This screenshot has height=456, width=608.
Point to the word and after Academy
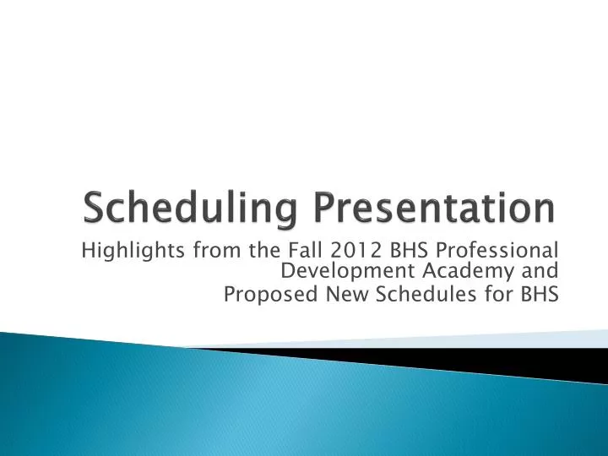(x=540, y=271)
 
